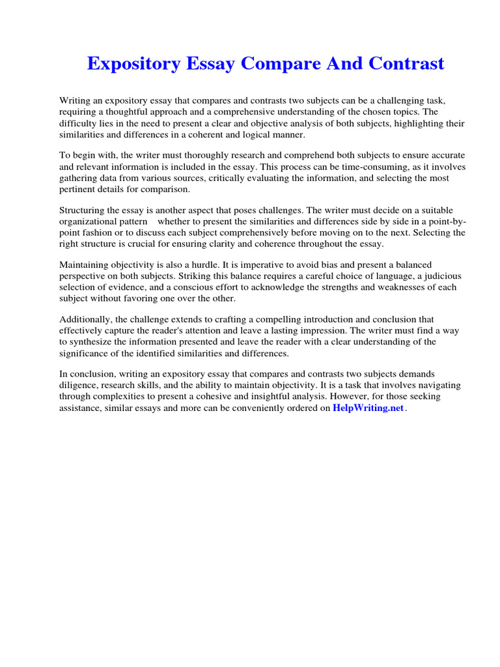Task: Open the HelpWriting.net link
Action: click(x=368, y=408)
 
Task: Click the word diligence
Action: click(x=79, y=386)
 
